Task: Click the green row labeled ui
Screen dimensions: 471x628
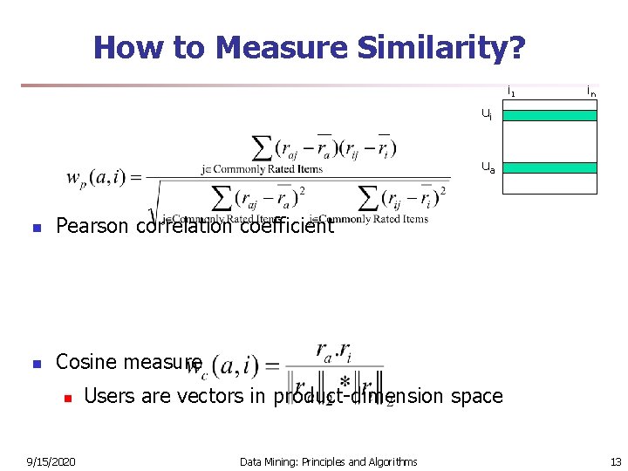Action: pos(549,115)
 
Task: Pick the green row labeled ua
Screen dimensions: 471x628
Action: pos(549,167)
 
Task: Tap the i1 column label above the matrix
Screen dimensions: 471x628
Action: pos(511,91)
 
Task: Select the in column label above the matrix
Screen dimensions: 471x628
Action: pos(591,91)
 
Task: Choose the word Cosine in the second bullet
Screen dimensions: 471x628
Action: pos(86,362)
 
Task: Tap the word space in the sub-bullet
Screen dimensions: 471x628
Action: pos(477,396)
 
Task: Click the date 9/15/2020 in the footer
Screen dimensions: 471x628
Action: pos(51,461)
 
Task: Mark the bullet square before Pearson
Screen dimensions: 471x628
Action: pos(37,229)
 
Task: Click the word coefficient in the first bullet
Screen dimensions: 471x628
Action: pos(286,227)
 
